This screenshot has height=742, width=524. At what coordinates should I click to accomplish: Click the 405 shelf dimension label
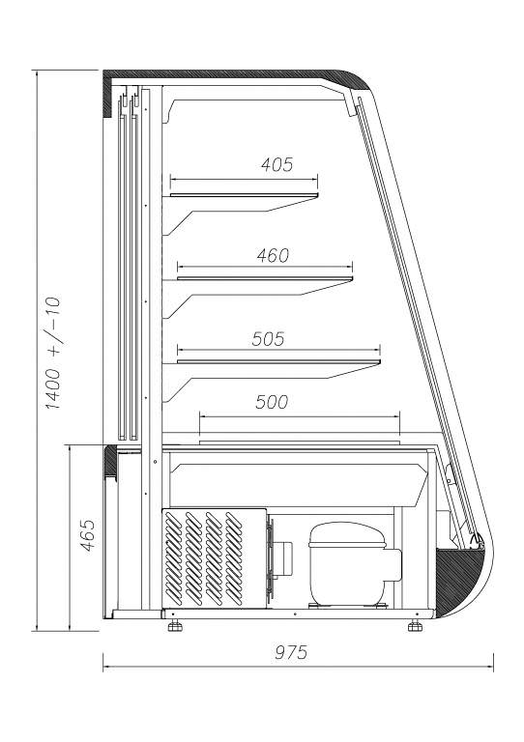coord(277,164)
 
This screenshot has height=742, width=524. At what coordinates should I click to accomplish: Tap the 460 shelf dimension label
coord(273,255)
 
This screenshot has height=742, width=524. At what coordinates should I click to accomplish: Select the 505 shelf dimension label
coord(268,339)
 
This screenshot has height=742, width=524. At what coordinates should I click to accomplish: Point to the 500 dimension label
coord(272,402)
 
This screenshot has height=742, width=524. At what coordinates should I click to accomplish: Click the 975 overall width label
coord(291,652)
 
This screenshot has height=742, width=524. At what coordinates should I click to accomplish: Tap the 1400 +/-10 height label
coord(52,353)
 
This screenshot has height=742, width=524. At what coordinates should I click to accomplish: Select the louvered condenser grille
coord(205,558)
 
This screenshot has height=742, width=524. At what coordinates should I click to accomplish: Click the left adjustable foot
coord(174,626)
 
